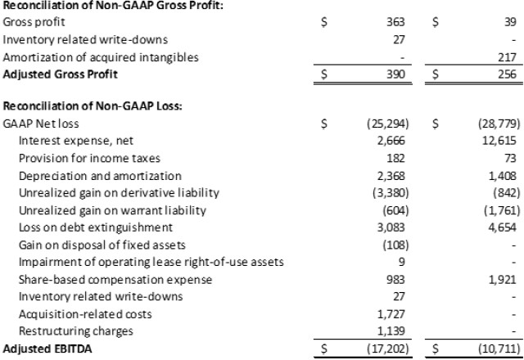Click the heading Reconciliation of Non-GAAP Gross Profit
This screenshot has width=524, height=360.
(113, 5)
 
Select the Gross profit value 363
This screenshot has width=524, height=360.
(395, 22)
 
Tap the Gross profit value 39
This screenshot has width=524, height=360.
(510, 22)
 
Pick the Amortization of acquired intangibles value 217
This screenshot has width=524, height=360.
(507, 57)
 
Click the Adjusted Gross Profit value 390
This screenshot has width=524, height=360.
(395, 74)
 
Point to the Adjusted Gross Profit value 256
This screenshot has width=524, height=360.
(507, 74)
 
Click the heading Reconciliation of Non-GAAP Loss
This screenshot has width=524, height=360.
(93, 106)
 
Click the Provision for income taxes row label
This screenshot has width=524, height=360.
(89, 158)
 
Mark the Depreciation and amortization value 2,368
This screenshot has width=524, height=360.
(391, 176)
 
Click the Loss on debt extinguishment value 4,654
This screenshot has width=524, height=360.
(502, 227)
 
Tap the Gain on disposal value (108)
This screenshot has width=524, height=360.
(395, 245)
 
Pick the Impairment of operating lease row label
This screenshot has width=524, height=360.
(151, 262)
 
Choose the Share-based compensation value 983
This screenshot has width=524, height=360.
(395, 280)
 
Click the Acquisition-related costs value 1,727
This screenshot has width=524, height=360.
(391, 314)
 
